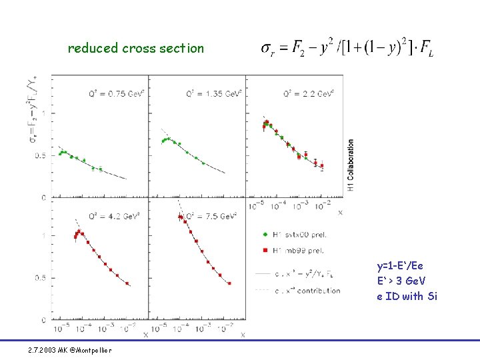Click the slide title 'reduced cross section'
(136, 48)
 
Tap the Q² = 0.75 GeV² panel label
(113, 94)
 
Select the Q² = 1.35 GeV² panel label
(211, 94)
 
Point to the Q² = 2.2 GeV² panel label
(308, 94)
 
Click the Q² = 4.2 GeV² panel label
(113, 216)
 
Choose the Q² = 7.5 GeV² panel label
(211, 216)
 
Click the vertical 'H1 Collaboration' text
(351, 165)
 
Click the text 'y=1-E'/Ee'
(400, 266)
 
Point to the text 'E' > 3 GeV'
(402, 281)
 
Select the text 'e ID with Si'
(407, 296)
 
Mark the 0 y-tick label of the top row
(43, 197)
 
